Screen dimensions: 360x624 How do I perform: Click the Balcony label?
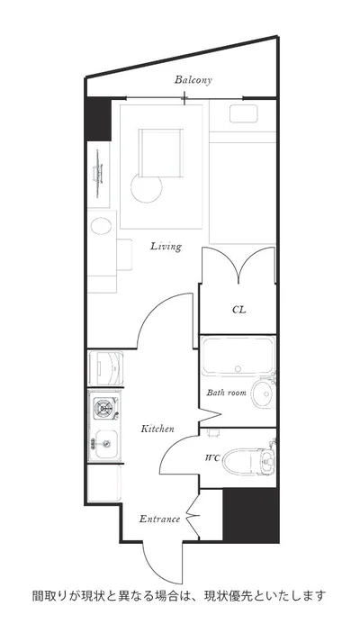(x=193, y=80)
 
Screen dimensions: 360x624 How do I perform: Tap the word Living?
(x=166, y=247)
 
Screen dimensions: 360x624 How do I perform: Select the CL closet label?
(x=239, y=310)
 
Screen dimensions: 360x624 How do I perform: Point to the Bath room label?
(x=226, y=393)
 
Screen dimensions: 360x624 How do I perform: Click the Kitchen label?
(x=157, y=429)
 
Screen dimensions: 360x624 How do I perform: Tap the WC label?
(x=212, y=458)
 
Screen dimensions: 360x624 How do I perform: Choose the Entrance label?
(x=159, y=520)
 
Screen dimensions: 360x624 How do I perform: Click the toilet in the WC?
(x=248, y=462)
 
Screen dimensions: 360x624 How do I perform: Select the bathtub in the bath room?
(x=238, y=357)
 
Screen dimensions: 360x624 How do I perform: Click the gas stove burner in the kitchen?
(x=103, y=408)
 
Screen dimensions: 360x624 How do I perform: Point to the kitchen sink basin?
(x=106, y=444)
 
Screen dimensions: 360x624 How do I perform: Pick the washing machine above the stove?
(x=105, y=368)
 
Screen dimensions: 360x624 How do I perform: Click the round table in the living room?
(x=147, y=188)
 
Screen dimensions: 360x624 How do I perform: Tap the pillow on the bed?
(x=243, y=113)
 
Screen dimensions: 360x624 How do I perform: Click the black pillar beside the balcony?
(x=99, y=119)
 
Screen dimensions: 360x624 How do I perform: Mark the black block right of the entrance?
(x=250, y=514)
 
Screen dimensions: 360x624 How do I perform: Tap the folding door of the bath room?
(x=210, y=416)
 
